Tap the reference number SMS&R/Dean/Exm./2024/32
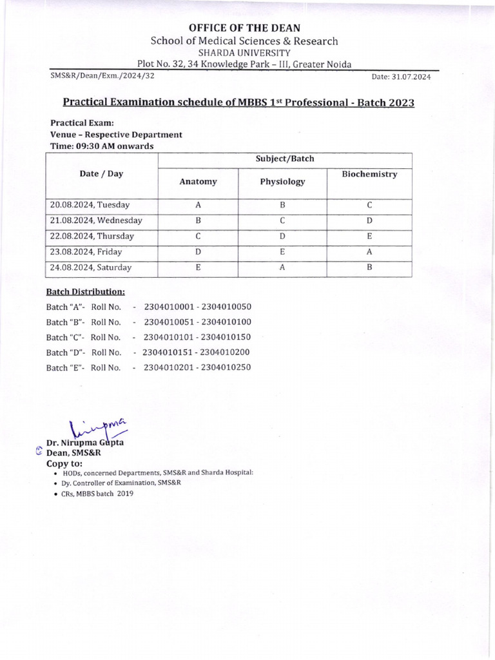(x=102, y=76)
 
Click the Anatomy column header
(x=198, y=182)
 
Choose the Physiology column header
(x=282, y=182)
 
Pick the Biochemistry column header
(x=369, y=175)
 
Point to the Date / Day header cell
(x=102, y=174)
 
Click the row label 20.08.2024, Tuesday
(x=90, y=205)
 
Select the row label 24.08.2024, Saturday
(x=91, y=267)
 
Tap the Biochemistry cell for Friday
(x=369, y=251)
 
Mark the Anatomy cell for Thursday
(x=198, y=236)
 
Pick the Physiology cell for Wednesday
(x=282, y=220)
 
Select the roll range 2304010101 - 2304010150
(x=197, y=336)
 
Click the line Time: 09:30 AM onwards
(x=102, y=146)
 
